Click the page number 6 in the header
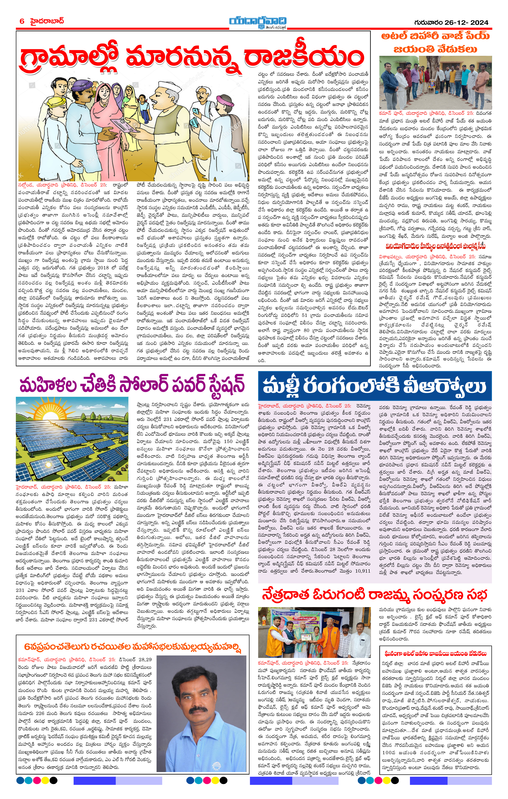click(22, 21)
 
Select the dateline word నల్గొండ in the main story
click(27, 185)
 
